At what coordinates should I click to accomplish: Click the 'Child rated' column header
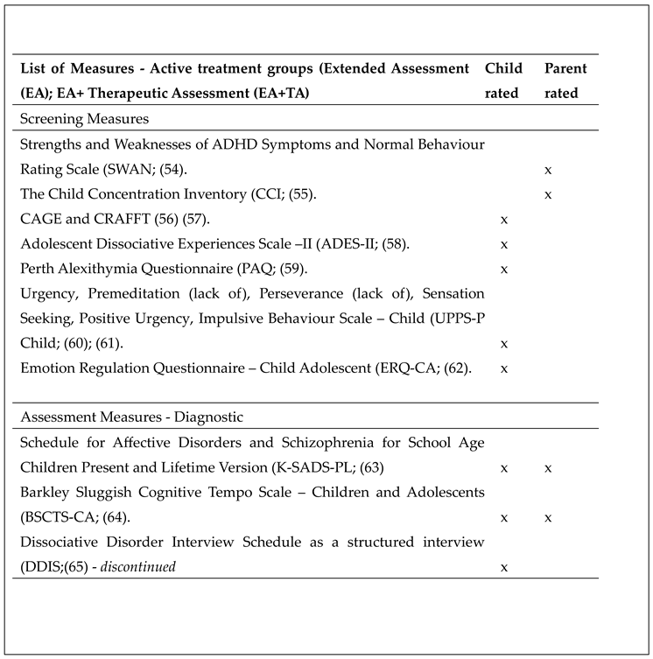click(503, 81)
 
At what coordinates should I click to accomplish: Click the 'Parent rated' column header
click(565, 81)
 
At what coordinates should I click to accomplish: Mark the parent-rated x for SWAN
click(548, 170)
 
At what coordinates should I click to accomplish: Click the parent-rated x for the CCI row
click(548, 194)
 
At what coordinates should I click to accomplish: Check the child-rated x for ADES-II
click(503, 244)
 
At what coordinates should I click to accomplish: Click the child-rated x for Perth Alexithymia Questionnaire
click(503, 269)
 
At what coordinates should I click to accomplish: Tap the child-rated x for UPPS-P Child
click(503, 344)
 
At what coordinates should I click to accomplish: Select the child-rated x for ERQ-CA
click(503, 368)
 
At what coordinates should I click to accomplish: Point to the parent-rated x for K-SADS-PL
click(548, 468)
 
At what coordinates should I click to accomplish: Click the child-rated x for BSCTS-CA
click(503, 518)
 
